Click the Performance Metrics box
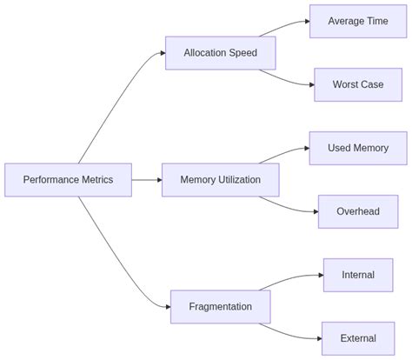coord(68,180)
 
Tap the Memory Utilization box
coord(221,180)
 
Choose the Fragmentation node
coord(220,306)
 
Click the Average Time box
coord(357,21)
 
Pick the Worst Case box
coord(357,84)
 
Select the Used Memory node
coord(357,148)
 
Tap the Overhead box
coord(357,211)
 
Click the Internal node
coord(357,275)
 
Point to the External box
coord(357,338)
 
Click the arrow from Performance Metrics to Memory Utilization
coord(146,180)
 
